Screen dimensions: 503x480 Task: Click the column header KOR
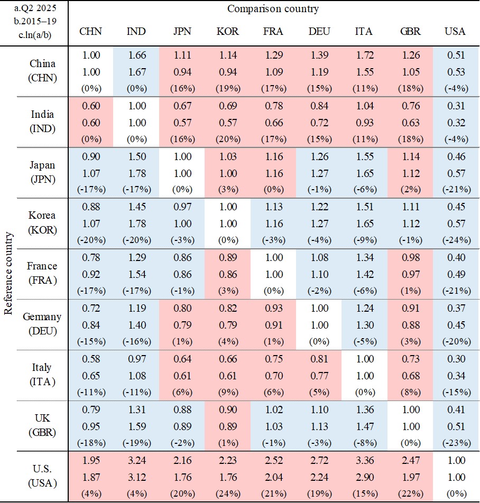point(228,31)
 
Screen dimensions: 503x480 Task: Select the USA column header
point(455,31)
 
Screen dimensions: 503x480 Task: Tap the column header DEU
point(319,31)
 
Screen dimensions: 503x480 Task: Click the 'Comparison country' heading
point(273,9)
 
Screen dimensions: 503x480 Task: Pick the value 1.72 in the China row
point(364,55)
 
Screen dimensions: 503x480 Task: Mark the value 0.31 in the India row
point(455,106)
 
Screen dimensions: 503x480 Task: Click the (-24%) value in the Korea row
point(455,240)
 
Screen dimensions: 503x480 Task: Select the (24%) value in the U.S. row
point(228,493)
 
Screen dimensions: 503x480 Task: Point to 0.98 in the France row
point(410,258)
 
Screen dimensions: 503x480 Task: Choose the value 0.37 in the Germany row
point(455,309)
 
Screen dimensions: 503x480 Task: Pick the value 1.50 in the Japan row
point(136,157)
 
